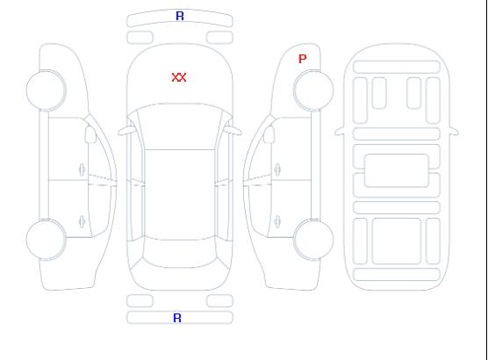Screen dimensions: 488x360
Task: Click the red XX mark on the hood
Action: (x=179, y=77)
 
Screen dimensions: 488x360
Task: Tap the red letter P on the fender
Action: (x=302, y=59)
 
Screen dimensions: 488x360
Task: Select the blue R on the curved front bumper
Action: (x=180, y=16)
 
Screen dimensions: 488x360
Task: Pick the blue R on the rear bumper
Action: (x=177, y=318)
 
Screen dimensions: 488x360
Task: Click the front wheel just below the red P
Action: (x=313, y=90)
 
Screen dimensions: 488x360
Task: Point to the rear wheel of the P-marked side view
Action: (x=313, y=239)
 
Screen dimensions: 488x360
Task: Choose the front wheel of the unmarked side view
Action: (x=46, y=90)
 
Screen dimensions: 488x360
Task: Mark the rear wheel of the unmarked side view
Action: (x=46, y=240)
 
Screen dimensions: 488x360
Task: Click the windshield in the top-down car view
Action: (x=180, y=126)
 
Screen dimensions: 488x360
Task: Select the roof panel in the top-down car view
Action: (x=180, y=195)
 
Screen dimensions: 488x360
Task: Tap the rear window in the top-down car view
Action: (x=180, y=253)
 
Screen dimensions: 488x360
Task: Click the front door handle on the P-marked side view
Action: (x=277, y=169)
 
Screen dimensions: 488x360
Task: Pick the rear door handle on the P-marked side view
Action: (x=277, y=221)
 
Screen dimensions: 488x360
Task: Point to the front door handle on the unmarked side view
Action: (x=83, y=169)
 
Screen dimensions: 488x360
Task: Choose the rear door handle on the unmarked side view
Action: (x=83, y=221)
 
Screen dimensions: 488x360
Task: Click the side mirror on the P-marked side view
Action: (x=269, y=134)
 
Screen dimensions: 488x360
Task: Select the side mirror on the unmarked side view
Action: (x=90, y=134)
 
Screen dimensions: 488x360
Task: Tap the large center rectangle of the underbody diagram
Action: (x=397, y=170)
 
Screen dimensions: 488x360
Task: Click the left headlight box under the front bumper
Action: (x=140, y=38)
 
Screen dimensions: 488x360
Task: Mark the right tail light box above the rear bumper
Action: (x=219, y=301)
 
